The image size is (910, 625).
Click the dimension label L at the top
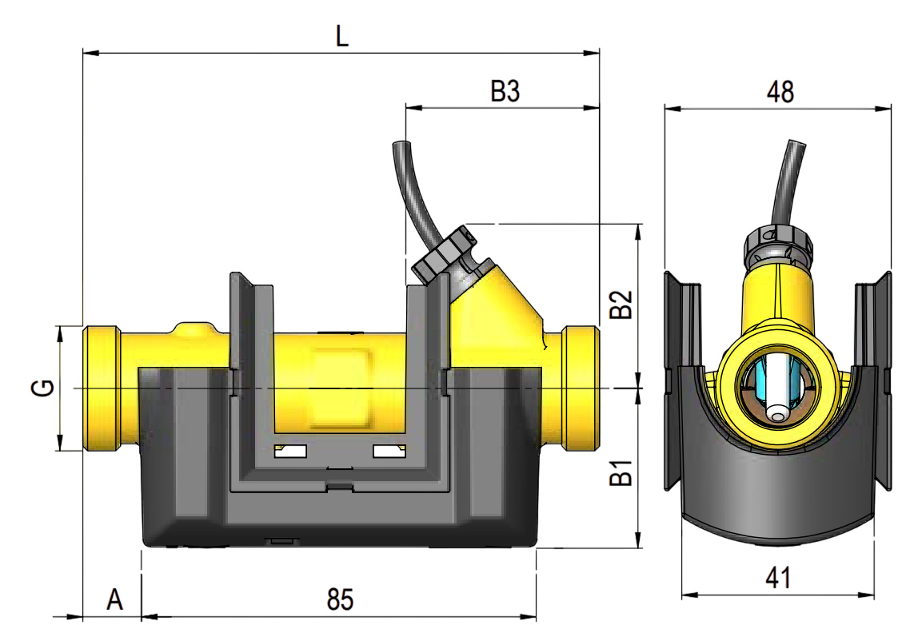pos(342,35)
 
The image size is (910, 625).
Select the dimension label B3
pos(505,90)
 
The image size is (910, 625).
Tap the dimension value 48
pos(780,92)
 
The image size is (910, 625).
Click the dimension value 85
pos(340,599)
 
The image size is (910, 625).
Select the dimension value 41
pos(778,578)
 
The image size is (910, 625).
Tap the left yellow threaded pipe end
pos(102,388)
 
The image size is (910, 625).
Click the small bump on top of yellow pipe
pos(194,329)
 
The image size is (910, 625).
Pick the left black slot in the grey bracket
pos(291,452)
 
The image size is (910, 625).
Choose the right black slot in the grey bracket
pos(390,452)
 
